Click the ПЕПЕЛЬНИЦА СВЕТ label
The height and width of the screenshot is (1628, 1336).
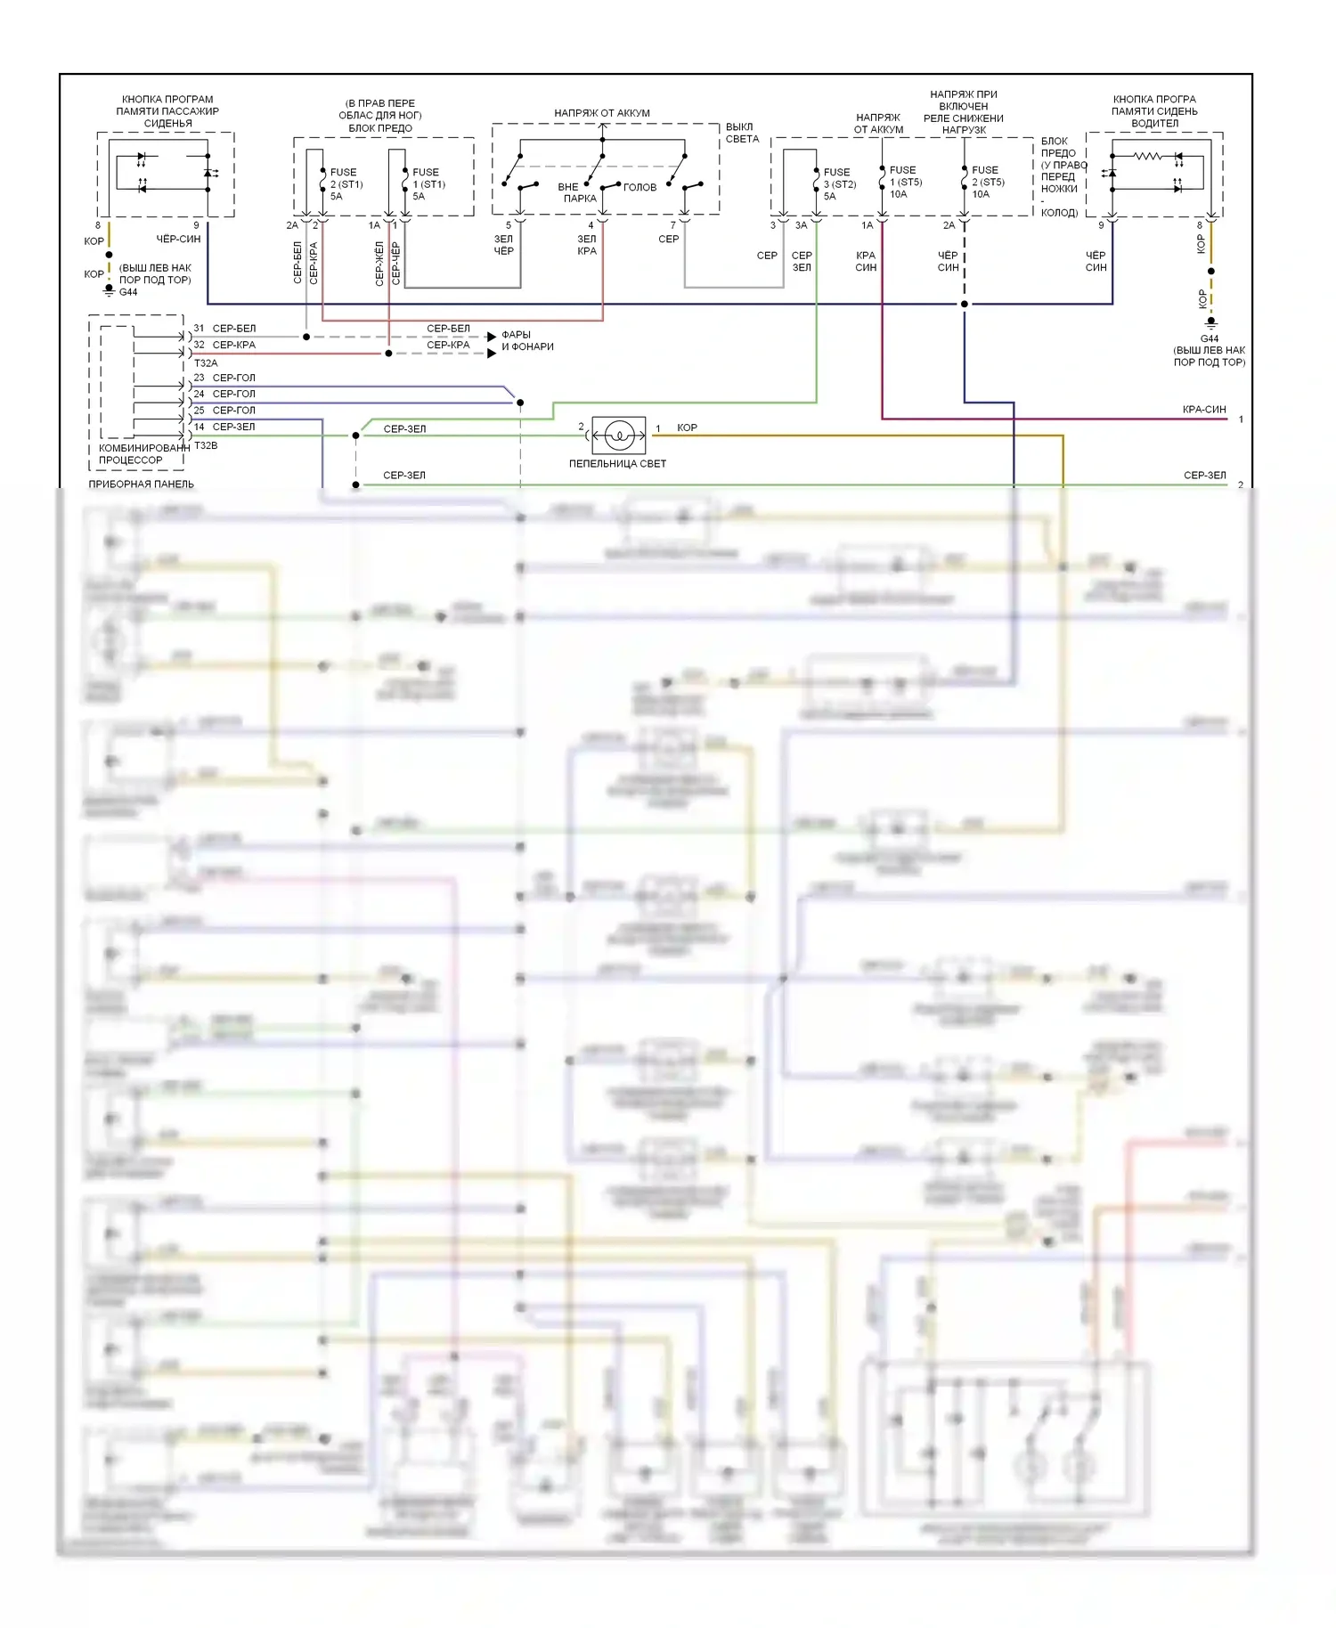[x=617, y=463]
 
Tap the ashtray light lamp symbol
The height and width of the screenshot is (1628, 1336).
[x=619, y=435]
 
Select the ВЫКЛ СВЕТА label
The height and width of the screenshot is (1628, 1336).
[x=741, y=133]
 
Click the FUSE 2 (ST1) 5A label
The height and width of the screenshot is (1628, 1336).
[x=346, y=184]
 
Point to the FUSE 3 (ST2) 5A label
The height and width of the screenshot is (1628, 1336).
[x=839, y=184]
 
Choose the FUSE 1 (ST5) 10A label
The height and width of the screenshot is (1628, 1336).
[x=905, y=182]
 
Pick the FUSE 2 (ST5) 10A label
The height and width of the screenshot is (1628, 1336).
[x=987, y=182]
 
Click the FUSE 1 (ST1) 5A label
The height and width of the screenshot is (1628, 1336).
[x=428, y=184]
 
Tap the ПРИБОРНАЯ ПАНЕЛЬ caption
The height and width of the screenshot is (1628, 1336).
[x=141, y=484]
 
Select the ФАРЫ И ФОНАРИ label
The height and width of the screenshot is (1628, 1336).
[x=527, y=341]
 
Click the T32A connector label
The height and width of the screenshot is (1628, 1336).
[x=206, y=363]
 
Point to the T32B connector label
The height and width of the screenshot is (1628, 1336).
[x=206, y=445]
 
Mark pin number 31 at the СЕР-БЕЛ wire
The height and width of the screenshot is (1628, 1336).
[x=199, y=329]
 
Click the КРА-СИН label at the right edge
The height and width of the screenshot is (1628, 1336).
[x=1204, y=410]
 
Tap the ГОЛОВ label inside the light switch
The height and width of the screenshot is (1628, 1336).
[x=639, y=188]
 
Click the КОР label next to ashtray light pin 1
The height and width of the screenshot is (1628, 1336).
[x=687, y=428]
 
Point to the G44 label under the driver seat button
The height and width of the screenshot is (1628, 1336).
[x=1209, y=338]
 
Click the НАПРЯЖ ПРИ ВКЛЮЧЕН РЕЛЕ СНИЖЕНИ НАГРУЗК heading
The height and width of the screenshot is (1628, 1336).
[x=964, y=112]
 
